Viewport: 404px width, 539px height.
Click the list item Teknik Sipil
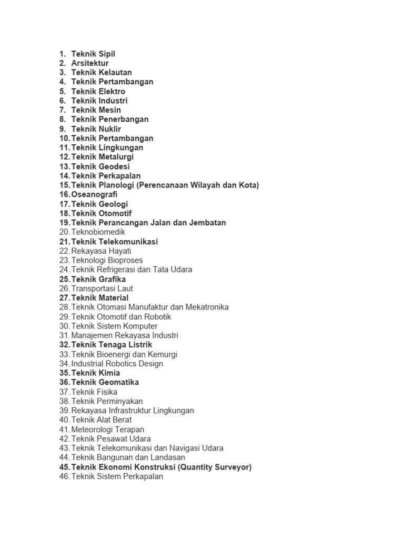[x=93, y=54]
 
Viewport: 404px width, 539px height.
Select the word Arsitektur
[x=90, y=63]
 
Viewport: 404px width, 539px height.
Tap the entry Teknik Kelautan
[x=102, y=73]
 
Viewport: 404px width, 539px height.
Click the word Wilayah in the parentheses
[x=197, y=185]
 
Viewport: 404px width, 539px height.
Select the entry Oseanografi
[x=94, y=195]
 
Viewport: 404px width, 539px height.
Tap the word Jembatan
[x=207, y=223]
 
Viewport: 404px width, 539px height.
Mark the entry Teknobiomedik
[x=98, y=232]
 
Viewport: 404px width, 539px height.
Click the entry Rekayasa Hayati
[x=101, y=251]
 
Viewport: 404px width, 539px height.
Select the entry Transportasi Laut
[x=102, y=288]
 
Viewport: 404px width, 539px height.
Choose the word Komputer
[x=139, y=326]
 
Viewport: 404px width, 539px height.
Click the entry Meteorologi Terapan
[x=107, y=430]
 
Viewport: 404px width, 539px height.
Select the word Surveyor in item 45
[x=231, y=467]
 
